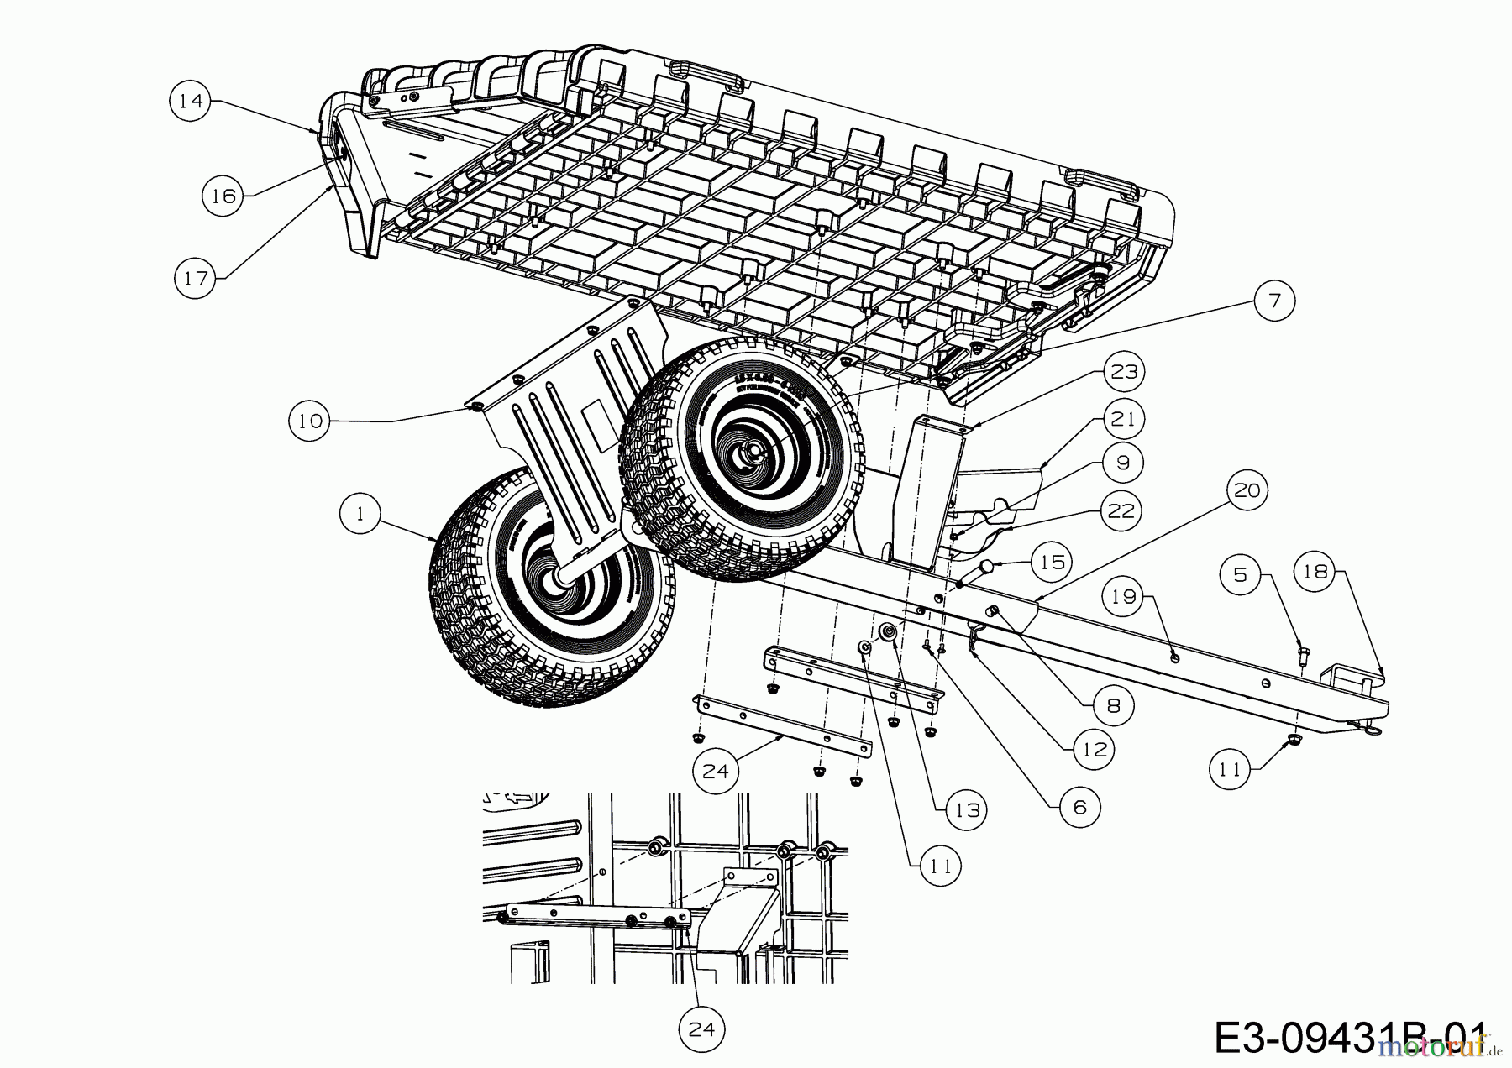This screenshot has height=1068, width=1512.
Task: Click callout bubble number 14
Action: point(191,101)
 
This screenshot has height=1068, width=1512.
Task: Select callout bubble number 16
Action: point(223,196)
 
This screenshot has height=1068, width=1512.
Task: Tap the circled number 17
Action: point(195,278)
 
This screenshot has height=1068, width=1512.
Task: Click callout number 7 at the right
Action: point(1274,300)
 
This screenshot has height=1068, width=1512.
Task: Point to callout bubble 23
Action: point(1124,371)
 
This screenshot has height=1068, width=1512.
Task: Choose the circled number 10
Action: point(310,421)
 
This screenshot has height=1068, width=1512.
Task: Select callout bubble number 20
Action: point(1247,489)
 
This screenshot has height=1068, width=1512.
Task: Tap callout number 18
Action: point(1315,572)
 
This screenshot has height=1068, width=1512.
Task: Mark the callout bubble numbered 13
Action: point(967,809)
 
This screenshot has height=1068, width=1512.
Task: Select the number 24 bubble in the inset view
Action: point(701,1029)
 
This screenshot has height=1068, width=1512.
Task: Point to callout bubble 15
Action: point(1052,562)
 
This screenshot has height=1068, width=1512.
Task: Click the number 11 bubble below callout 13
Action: point(940,865)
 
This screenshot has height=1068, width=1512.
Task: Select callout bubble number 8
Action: point(1113,705)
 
